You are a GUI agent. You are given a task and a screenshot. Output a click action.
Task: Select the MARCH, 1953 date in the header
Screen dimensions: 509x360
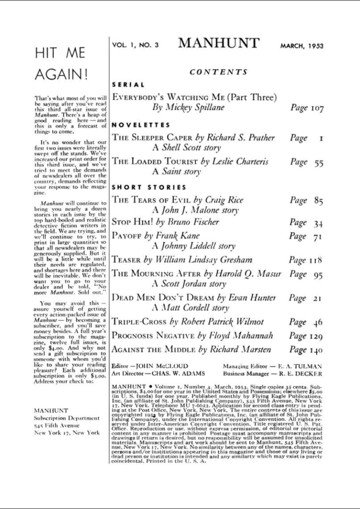pos(302,46)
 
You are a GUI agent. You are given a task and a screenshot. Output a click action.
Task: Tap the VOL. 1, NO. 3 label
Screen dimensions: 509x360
pos(135,45)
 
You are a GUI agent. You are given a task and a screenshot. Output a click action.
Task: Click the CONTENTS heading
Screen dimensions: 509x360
pos(218,72)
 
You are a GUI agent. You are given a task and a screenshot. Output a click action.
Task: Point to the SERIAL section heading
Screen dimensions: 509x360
pos(128,85)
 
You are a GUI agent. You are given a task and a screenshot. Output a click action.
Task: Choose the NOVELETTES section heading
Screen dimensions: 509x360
pos(141,125)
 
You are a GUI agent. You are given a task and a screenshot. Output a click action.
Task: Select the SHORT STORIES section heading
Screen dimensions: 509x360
pos(149,187)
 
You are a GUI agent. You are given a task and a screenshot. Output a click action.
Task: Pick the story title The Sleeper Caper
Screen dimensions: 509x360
pos(151,138)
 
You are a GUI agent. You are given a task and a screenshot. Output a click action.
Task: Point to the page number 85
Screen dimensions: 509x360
pos(318,201)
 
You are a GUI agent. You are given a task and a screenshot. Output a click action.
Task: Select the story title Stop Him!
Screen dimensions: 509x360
pos(132,222)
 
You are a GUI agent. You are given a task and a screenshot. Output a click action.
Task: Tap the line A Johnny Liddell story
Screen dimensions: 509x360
pos(193,246)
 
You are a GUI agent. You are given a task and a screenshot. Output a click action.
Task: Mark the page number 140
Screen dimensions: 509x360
pos(316,350)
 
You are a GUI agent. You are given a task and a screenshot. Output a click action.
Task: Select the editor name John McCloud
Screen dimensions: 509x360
pos(160,366)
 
